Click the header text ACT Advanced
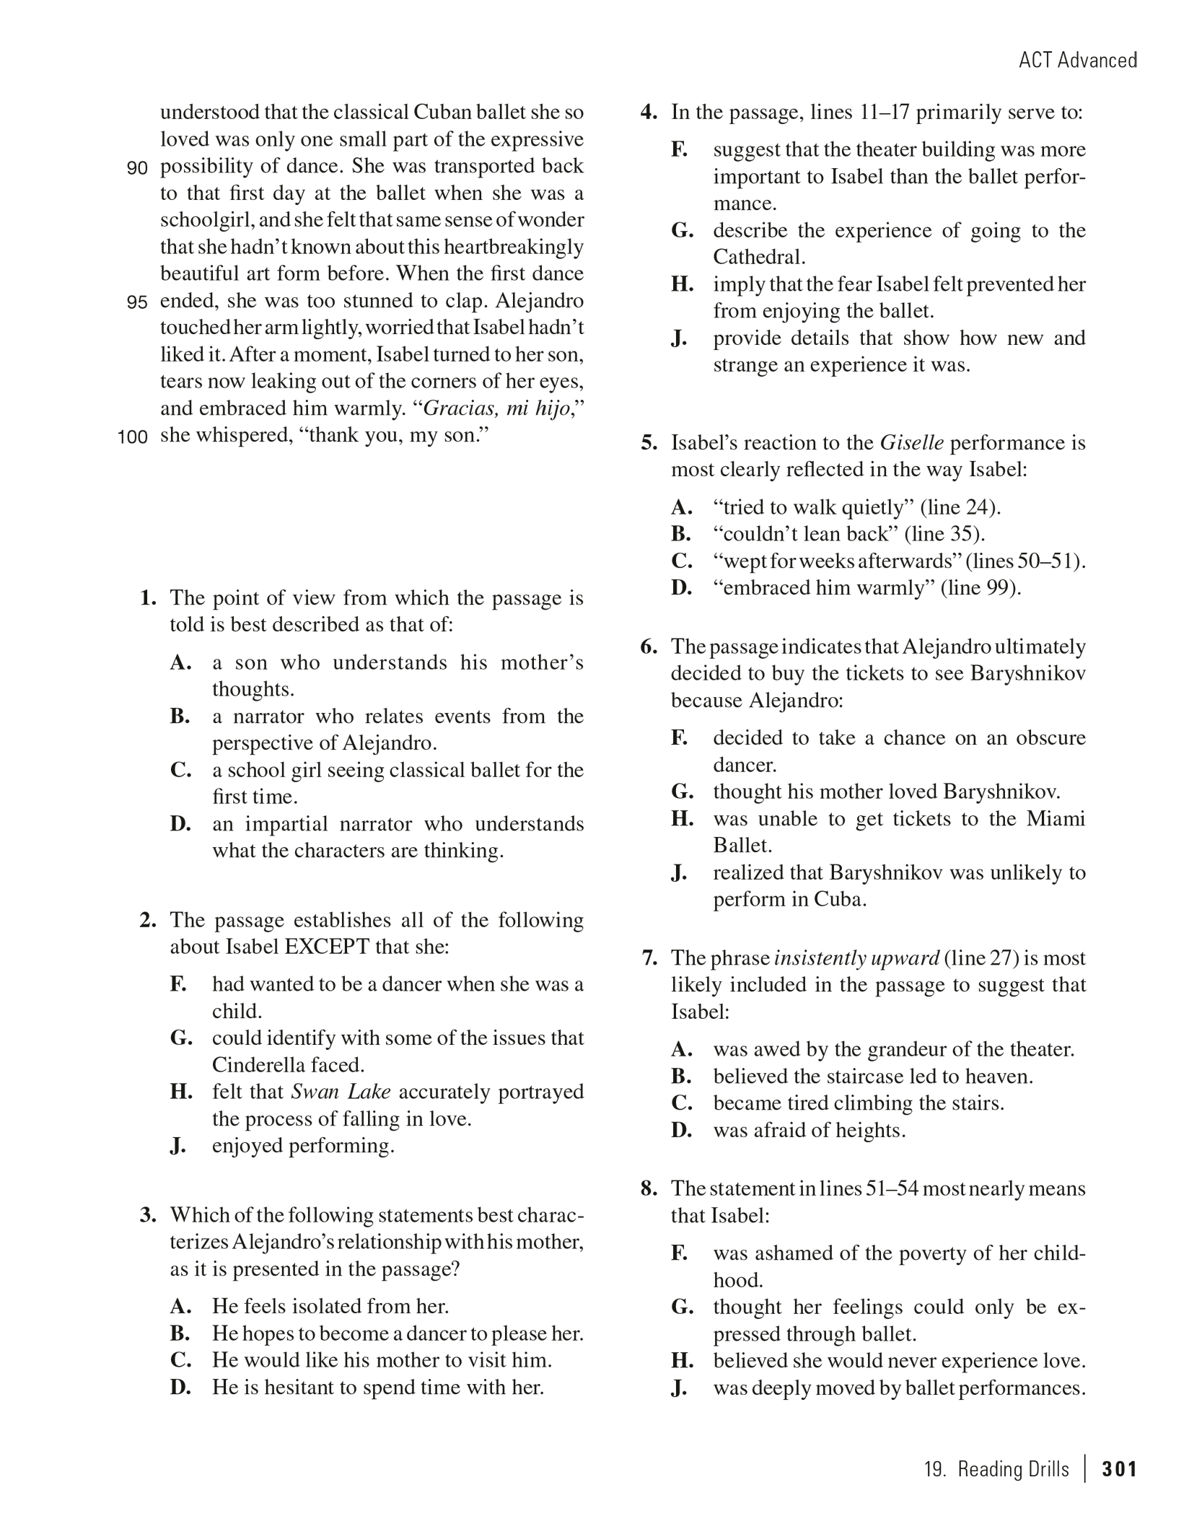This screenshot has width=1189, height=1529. coord(1077,60)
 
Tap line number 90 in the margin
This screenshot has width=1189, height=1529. coord(137,168)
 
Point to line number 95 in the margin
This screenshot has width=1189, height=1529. coord(137,302)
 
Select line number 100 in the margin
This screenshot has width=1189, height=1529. coord(133,437)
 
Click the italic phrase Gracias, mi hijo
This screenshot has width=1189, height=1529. coord(496,409)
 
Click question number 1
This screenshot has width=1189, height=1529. coord(149,597)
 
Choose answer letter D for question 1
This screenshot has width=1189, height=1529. coord(180,824)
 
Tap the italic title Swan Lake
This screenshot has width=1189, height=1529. coord(341,1092)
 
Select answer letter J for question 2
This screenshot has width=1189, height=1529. coord(178,1146)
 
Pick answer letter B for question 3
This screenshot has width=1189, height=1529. coord(180,1333)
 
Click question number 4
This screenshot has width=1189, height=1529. coord(649,113)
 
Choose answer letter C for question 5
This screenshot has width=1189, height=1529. coord(681,561)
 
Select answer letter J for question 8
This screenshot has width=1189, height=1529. coord(679,1388)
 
